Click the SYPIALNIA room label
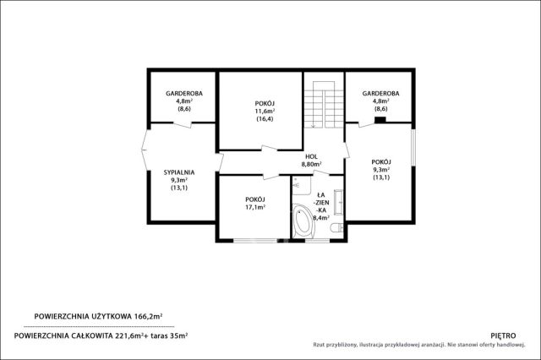tap(179, 172)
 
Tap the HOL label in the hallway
tap(312, 157)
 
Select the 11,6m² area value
tap(265, 111)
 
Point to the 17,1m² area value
tap(255, 207)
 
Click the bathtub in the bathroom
tap(303, 221)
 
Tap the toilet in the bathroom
tap(336, 227)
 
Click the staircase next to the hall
tap(324, 105)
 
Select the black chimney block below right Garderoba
tap(380, 120)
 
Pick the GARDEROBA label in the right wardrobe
tap(381, 94)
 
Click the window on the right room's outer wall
tap(413, 147)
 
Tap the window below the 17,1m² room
tap(255, 240)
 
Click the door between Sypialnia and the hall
tap(220, 162)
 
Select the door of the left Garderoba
tap(183, 124)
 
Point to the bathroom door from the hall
tap(321, 173)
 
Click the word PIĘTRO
tap(503, 335)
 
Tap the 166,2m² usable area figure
tap(148, 316)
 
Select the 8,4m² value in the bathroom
tap(321, 217)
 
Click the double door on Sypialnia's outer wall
tap(145, 150)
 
